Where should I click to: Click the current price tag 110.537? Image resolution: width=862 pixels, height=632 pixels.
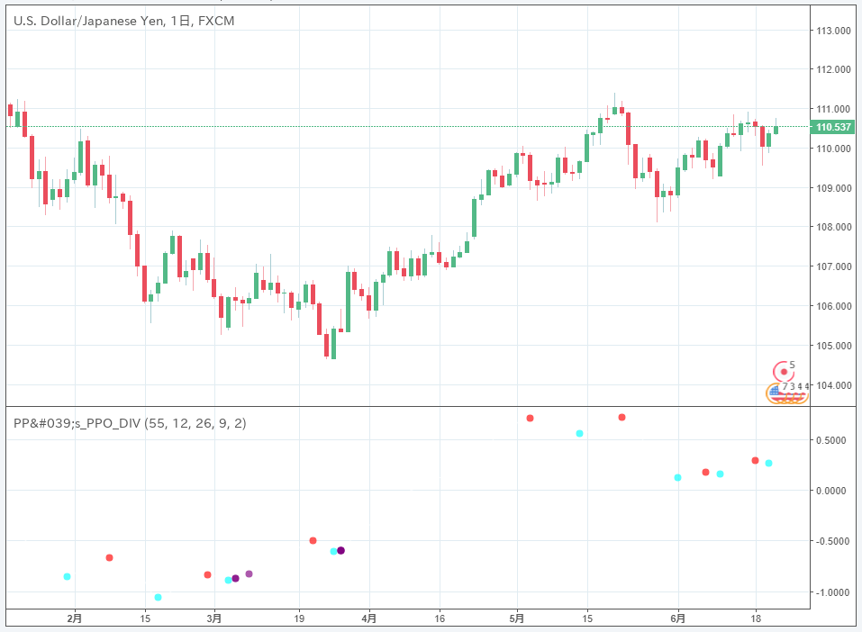click(833, 127)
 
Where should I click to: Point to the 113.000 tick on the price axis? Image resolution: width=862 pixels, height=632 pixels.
click(834, 30)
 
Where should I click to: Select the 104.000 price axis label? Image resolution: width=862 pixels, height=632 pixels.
click(834, 385)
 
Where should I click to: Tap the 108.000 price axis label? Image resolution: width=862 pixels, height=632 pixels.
click(834, 227)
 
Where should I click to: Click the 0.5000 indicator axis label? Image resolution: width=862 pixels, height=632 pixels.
click(834, 440)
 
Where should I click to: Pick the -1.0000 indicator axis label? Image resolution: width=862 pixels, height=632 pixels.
click(832, 592)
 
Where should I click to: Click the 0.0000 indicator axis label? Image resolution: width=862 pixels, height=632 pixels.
click(834, 491)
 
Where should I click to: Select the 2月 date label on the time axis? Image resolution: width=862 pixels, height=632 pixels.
click(76, 618)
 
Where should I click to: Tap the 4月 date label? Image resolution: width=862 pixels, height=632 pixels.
click(369, 618)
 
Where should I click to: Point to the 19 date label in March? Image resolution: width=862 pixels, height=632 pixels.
click(299, 618)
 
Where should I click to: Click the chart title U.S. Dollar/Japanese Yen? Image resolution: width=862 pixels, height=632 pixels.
click(86, 20)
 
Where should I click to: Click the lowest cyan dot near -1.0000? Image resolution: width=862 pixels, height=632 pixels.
click(159, 597)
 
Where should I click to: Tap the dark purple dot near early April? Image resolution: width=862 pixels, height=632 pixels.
click(340, 550)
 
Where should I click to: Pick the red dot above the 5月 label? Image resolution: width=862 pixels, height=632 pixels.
click(531, 418)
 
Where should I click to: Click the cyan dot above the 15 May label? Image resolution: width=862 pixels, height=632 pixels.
click(579, 433)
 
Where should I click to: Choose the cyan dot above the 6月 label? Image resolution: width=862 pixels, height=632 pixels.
click(677, 477)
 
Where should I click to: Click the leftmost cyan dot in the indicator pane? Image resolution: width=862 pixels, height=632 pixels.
click(68, 576)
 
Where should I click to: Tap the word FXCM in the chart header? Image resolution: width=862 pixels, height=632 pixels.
click(216, 20)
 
